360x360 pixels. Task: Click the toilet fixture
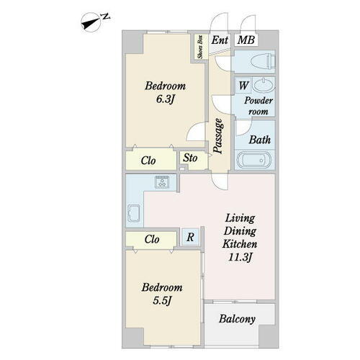(x=263, y=61)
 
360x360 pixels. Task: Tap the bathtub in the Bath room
(x=254, y=160)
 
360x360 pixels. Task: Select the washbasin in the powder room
(x=264, y=85)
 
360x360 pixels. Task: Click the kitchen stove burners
(x=162, y=181)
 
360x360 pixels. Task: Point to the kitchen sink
(x=134, y=213)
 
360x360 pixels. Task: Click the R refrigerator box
(x=190, y=237)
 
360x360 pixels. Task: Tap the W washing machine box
(x=243, y=85)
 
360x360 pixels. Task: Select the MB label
(x=246, y=40)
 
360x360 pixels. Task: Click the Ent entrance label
(x=220, y=40)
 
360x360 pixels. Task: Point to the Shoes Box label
(x=200, y=47)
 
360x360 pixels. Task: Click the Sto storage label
(x=190, y=158)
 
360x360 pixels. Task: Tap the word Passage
(x=218, y=136)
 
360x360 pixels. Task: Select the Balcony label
(x=237, y=319)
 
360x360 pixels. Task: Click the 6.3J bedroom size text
(x=165, y=99)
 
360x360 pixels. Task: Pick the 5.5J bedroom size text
(x=162, y=300)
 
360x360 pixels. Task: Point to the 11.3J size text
(x=240, y=258)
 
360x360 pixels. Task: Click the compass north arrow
(x=91, y=24)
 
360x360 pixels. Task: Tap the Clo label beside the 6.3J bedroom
(x=148, y=161)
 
